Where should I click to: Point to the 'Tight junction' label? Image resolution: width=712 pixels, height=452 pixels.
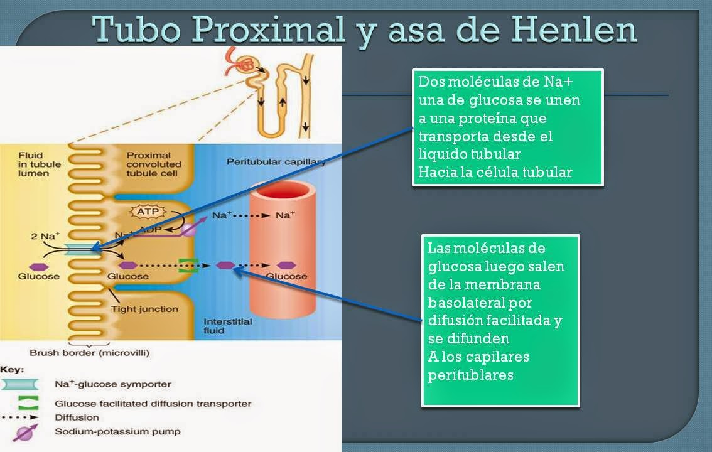[x=144, y=309]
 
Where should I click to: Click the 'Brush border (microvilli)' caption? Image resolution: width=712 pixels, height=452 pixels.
[x=90, y=353]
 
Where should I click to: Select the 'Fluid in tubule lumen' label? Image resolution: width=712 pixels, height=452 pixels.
[x=40, y=164]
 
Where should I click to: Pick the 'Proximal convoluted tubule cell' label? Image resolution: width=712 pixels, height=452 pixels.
[x=154, y=164]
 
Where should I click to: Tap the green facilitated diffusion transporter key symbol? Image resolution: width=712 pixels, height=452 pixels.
[x=24, y=402]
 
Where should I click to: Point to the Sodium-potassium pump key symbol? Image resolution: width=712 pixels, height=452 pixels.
[x=24, y=432]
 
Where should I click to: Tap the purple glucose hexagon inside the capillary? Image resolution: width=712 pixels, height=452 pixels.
[x=287, y=266]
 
